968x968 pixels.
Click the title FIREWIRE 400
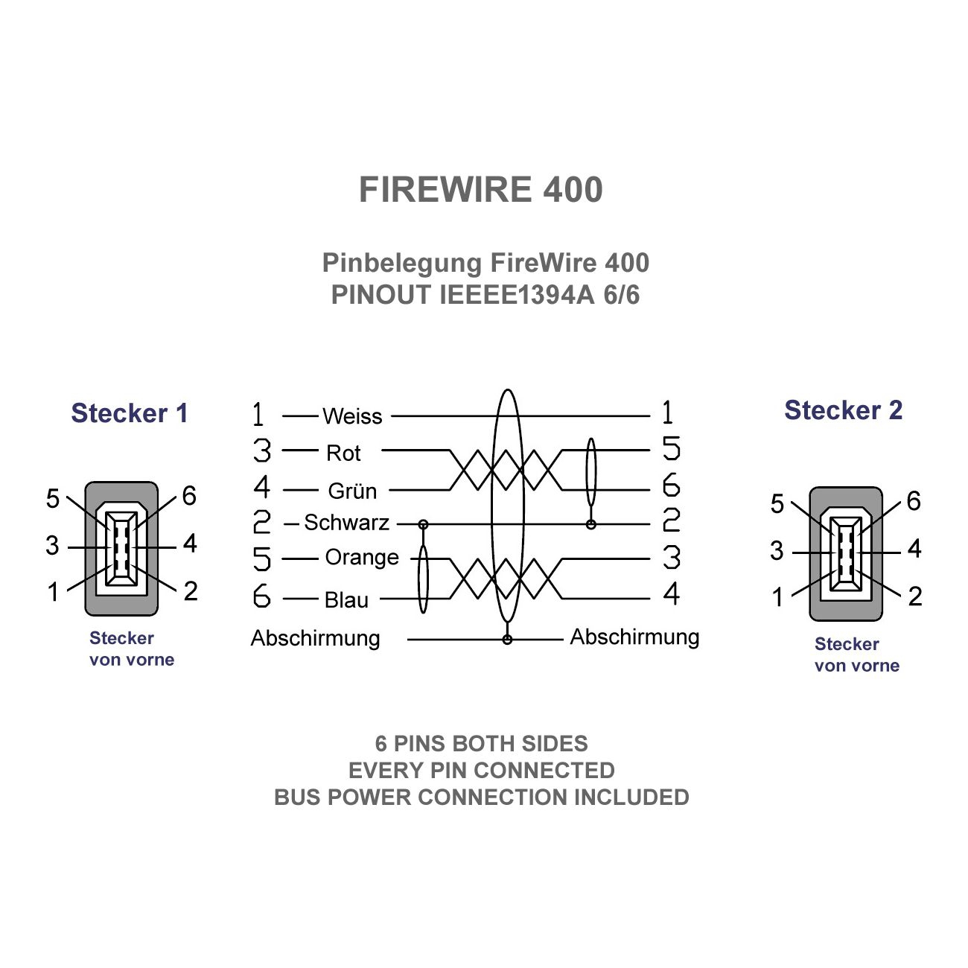[x=480, y=190]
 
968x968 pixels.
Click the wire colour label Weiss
[x=352, y=416]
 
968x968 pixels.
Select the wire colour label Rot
[x=343, y=453]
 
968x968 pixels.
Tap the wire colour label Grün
[x=352, y=491]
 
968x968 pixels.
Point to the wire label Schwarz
[x=346, y=523]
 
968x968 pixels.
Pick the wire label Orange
[x=362, y=557]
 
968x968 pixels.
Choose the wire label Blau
[x=346, y=599]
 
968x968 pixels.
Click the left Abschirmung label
[x=315, y=638]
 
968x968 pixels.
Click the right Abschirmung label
[x=634, y=637]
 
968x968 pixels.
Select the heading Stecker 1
[x=130, y=413]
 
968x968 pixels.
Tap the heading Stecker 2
[x=843, y=410]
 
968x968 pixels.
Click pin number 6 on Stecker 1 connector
[x=189, y=496]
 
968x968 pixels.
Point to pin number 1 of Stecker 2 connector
[x=777, y=597]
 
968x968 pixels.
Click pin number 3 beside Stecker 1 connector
[x=52, y=546]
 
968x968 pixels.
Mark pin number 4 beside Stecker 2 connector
[x=914, y=550]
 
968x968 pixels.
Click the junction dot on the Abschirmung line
[x=507, y=640]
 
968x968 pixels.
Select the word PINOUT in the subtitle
[x=380, y=296]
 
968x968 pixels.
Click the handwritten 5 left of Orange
[x=262, y=558]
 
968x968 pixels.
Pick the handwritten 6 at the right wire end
[x=671, y=485]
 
